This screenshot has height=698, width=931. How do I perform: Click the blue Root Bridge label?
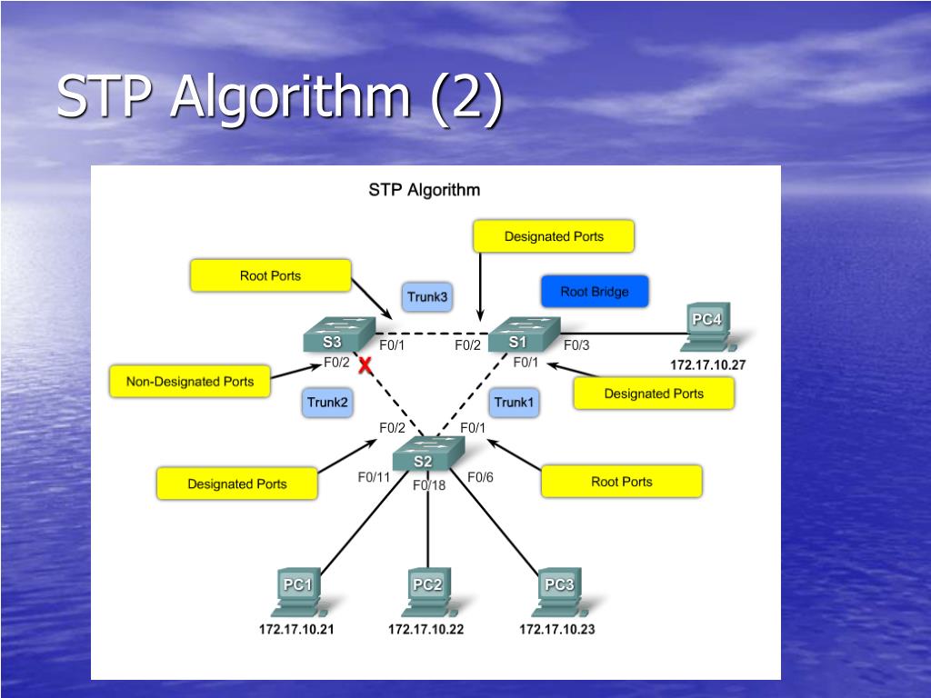coord(595,292)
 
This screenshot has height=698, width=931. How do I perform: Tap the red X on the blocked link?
coord(365,365)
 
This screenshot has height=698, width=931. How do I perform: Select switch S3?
coord(339,334)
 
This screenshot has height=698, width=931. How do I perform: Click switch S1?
coord(525,334)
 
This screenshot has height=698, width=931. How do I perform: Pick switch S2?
coord(428,454)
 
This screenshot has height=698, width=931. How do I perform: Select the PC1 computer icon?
coord(298,593)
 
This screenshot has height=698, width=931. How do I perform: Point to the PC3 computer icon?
coord(560,593)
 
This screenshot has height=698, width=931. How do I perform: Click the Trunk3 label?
coord(427,297)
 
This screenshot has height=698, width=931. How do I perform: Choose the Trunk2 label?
coord(327,403)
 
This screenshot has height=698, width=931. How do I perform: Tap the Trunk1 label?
coord(514,403)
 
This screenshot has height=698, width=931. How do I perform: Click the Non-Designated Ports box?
coord(190,381)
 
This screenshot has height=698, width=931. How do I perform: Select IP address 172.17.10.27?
coord(707,365)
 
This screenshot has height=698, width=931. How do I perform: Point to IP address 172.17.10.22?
coord(425,629)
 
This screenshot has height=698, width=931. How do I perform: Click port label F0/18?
coord(429,485)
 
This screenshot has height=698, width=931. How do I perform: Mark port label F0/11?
coord(374,477)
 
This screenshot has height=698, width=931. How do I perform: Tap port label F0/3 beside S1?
coord(576,345)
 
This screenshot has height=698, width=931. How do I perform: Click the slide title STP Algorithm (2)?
coord(280,96)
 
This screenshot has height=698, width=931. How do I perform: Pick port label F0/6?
coord(480,477)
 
